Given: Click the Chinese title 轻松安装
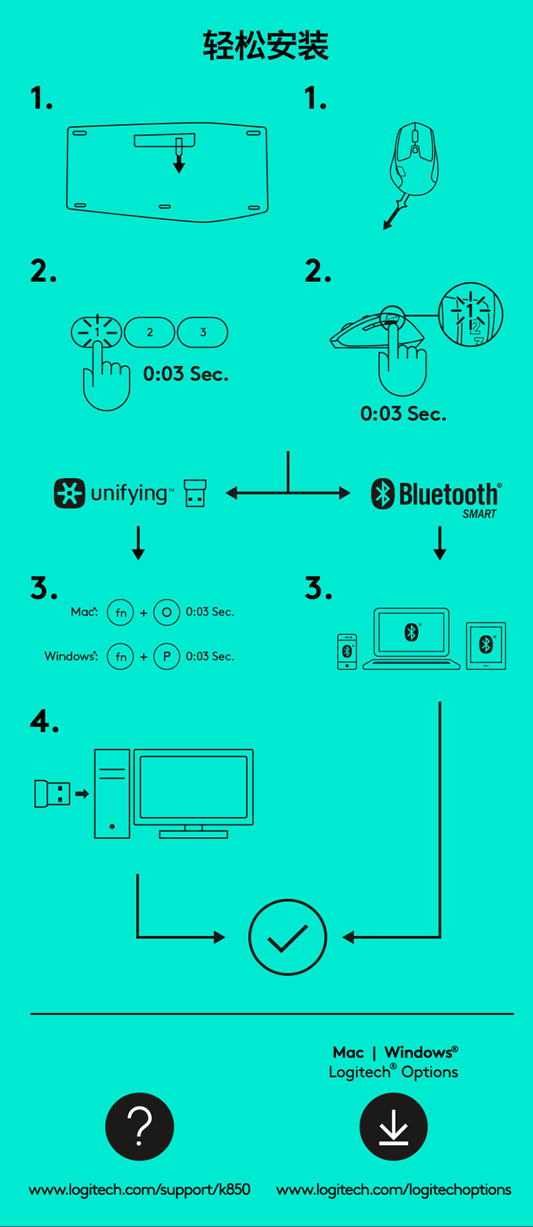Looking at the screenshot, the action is click(x=266, y=46).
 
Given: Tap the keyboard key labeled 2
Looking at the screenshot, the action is click(x=149, y=332).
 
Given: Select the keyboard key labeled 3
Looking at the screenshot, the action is click(x=203, y=332).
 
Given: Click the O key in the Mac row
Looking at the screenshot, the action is click(x=166, y=612).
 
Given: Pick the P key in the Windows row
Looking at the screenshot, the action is click(x=166, y=657).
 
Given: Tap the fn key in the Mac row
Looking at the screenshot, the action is click(x=121, y=612).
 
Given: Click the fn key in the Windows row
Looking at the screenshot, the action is click(x=121, y=657).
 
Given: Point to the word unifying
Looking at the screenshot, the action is click(x=129, y=494).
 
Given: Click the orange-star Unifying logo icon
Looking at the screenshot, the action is click(x=69, y=493).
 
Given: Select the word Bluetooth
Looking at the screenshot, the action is click(x=448, y=494).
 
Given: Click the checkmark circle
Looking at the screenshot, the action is click(x=288, y=937).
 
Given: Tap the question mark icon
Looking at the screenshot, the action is click(x=140, y=1127).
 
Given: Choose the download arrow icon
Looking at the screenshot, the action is click(x=394, y=1127).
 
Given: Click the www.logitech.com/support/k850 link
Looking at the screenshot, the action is click(x=139, y=1190).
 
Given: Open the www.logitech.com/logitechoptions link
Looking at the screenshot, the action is click(x=394, y=1190).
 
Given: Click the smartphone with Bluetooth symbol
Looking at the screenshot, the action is click(x=347, y=652).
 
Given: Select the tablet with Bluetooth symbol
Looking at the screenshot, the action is click(x=486, y=646).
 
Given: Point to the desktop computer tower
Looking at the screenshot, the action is click(x=112, y=793).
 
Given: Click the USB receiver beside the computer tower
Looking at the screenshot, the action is click(x=53, y=793).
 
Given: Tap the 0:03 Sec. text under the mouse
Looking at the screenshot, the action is click(x=404, y=414).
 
